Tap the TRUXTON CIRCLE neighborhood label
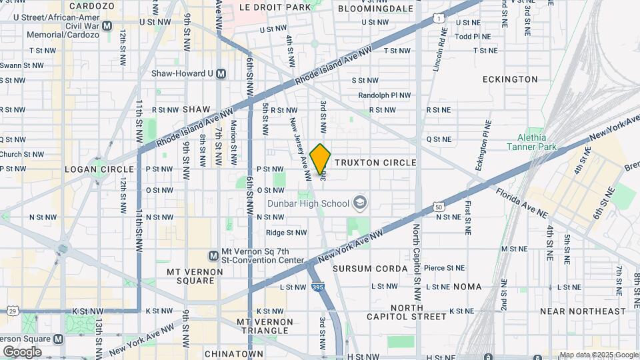(375, 163)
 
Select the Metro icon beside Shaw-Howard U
(221, 73)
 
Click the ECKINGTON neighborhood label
(510, 79)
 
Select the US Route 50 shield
(439, 207)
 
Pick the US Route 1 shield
(438, 17)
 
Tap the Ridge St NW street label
(286, 233)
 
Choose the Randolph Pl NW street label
(384, 95)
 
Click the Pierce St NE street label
(445, 268)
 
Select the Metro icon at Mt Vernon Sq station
(213, 255)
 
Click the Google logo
(22, 351)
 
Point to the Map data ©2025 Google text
(598, 355)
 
